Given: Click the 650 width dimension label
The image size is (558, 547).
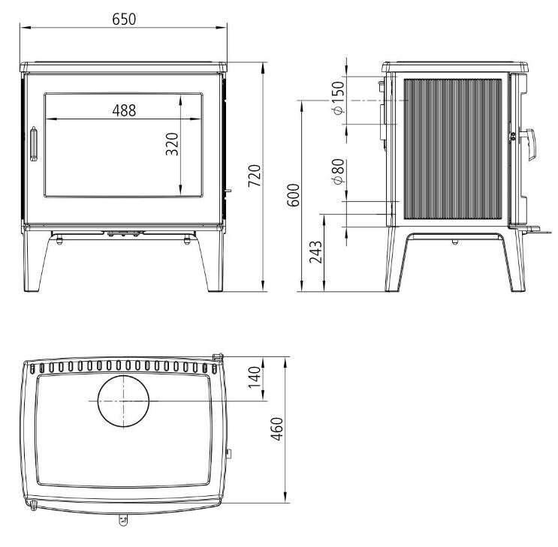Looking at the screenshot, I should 124,19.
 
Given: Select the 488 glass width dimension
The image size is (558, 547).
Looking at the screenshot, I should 124,110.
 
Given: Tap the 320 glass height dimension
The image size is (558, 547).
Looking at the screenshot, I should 172,143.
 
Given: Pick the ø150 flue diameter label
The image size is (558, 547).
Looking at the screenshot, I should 337,98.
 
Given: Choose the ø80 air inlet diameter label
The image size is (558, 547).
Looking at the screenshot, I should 337,172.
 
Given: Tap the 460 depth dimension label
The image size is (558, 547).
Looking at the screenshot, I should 276,429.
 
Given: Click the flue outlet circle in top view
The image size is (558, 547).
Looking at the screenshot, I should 123,401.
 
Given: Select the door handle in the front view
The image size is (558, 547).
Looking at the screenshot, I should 33,144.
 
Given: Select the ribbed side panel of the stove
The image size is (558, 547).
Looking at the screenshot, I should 454,149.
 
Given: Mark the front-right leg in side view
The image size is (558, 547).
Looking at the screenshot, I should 517,263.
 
